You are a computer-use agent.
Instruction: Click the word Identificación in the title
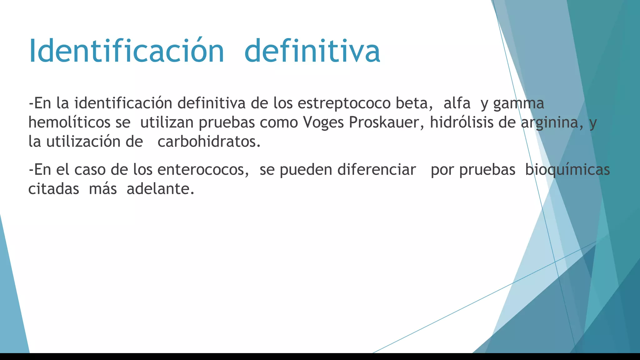(126, 51)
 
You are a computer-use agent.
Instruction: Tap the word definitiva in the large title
(312, 51)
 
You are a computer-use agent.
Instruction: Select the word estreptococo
(344, 103)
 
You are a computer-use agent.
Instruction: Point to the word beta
(414, 103)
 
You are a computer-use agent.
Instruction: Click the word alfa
(457, 103)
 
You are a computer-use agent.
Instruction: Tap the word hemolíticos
(69, 122)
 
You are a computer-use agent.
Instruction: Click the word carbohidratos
(209, 142)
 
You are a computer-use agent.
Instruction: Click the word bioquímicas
(567, 170)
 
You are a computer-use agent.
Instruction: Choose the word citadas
(53, 189)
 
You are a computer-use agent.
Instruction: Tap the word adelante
(160, 189)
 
